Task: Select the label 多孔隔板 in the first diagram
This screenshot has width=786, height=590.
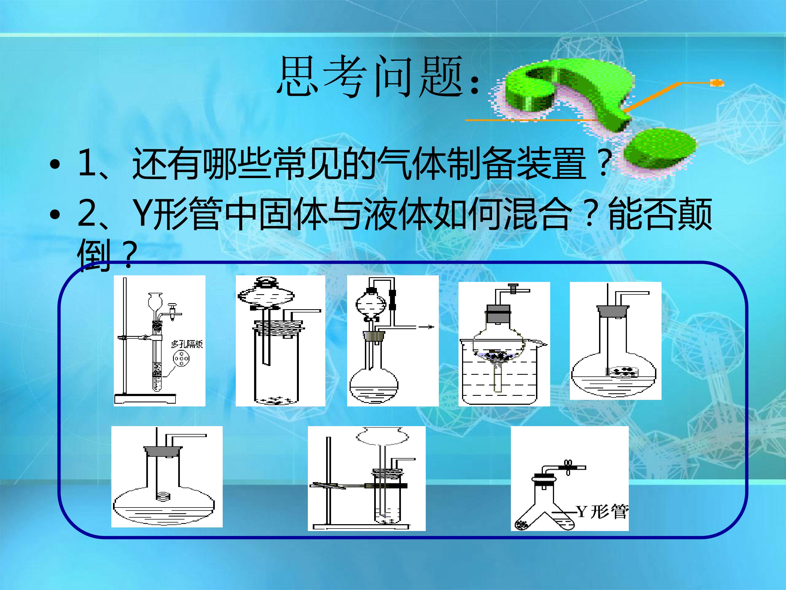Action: click(187, 344)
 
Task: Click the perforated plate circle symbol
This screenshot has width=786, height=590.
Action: click(181, 358)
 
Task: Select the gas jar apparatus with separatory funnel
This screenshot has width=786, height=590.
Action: click(280, 341)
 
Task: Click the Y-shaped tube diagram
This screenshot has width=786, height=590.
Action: click(570, 478)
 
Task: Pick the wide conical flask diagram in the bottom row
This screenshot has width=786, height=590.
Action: click(167, 477)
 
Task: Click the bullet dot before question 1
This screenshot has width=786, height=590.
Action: click(55, 164)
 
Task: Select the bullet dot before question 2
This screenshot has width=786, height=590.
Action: click(55, 214)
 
